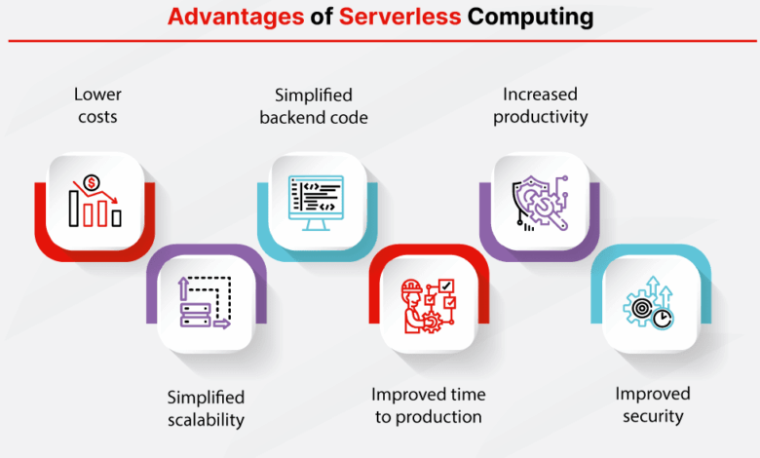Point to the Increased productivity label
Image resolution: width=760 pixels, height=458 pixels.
(541, 105)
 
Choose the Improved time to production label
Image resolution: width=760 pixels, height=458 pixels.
(427, 405)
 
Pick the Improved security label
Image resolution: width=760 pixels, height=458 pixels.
(652, 404)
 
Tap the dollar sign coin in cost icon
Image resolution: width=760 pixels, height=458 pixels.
(92, 182)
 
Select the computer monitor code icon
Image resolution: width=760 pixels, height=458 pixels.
(316, 202)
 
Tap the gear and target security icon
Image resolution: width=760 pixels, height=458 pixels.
(648, 304)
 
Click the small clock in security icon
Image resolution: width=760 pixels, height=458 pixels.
(663, 318)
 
